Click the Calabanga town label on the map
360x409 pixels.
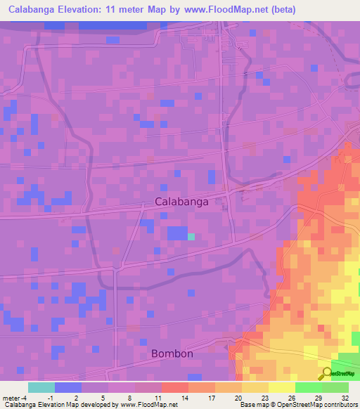click(181, 202)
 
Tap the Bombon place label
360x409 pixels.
click(172, 353)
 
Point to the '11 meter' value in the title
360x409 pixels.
click(143, 10)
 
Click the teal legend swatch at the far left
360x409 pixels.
click(41, 387)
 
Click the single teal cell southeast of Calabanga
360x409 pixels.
click(191, 237)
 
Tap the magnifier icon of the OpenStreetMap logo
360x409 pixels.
click(327, 373)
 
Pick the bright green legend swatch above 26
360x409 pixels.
click(308, 387)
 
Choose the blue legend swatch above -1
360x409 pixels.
click(68, 387)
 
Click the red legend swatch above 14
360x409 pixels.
click(175, 387)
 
